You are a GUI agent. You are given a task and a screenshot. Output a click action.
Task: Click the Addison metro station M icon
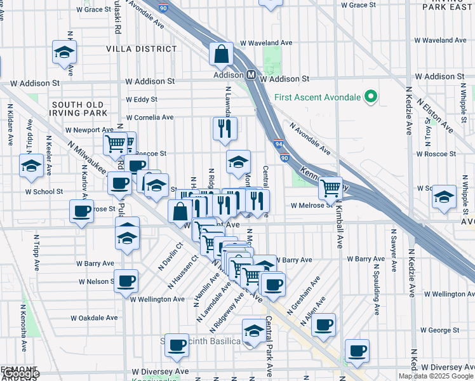point(251,75)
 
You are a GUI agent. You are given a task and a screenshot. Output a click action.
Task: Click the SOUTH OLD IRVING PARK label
point(83,109)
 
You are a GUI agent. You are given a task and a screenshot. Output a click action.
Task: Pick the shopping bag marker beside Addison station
point(222,55)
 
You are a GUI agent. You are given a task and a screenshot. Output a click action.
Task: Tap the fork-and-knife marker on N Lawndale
point(225,129)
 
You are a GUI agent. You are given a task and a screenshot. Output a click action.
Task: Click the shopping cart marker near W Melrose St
point(330,187)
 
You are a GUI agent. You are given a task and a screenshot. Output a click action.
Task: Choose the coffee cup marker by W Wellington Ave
point(126,280)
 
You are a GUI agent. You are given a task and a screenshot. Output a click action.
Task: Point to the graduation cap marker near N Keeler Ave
point(30,166)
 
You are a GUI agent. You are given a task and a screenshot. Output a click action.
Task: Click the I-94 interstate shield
point(278,145)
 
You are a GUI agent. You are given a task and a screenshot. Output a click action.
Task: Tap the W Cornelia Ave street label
point(150,117)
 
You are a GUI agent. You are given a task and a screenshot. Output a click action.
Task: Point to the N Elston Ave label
point(436,114)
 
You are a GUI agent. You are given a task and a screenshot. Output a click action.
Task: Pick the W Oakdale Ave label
point(94,317)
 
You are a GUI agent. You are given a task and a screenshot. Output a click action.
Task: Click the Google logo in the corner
point(22,374)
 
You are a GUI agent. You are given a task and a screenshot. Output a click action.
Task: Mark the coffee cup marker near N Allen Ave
point(323,324)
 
